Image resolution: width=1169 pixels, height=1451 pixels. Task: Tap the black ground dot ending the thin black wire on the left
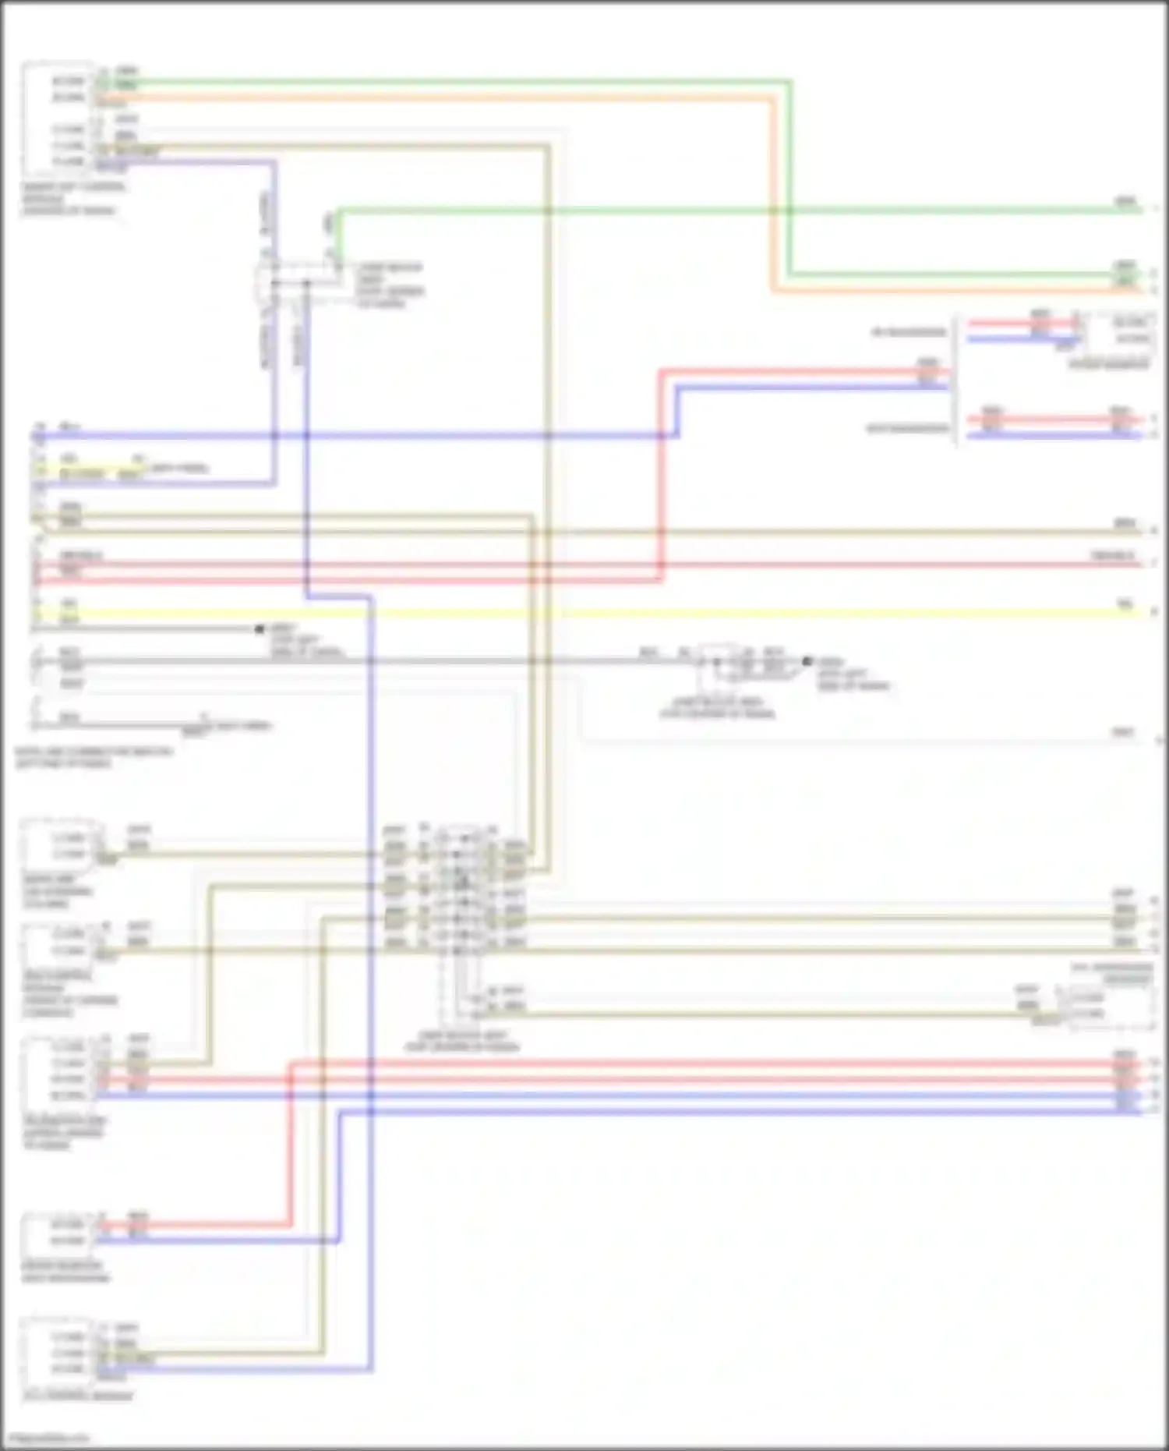260,628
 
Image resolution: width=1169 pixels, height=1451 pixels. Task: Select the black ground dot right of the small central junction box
807,661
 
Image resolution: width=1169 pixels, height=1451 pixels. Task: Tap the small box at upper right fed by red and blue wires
1121,331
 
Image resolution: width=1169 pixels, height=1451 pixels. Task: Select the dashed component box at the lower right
1111,1006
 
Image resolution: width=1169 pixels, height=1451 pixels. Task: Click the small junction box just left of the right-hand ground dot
717,663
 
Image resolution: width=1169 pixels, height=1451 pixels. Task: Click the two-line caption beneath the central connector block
461,1042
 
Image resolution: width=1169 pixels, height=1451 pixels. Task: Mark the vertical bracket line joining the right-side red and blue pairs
957,380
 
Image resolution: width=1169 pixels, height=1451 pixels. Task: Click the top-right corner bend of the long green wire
789,81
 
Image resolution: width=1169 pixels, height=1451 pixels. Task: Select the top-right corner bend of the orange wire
773,99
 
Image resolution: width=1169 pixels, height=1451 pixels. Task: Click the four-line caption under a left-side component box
70,994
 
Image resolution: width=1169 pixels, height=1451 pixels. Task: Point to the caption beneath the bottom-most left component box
78,1396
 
